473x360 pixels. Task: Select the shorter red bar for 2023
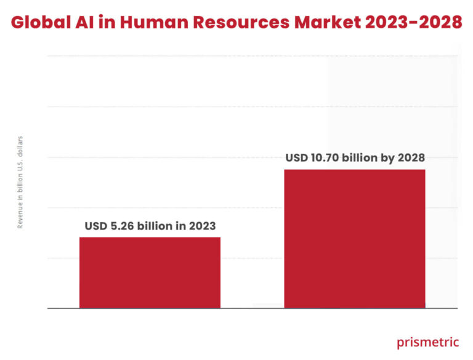[150, 272]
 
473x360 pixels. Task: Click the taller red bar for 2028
[354, 238]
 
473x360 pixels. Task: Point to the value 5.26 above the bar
[123, 226]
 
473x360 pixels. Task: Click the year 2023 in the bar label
[201, 226]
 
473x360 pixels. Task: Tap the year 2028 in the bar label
[410, 158]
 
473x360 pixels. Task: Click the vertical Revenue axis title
[20, 182]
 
